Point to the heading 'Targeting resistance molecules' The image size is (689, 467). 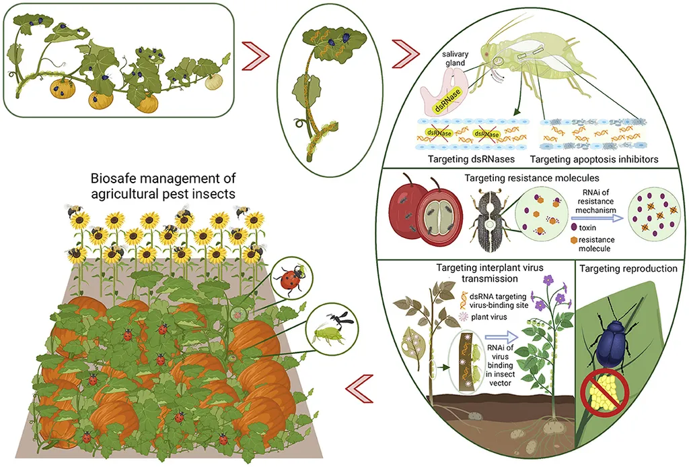[532, 179]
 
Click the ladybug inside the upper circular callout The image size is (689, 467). [291, 278]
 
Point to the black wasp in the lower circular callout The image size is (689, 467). [335, 316]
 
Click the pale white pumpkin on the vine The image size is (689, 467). [213, 81]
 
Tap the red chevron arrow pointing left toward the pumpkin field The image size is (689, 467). [359, 389]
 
